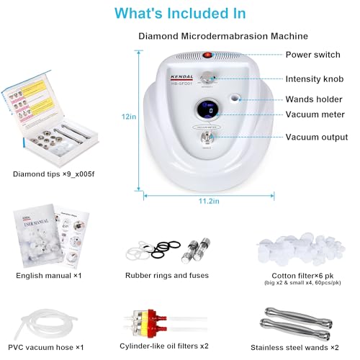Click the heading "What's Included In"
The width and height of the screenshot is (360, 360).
click(180, 14)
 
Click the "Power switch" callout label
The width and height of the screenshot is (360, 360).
click(312, 55)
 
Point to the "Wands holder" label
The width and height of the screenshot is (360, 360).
click(315, 99)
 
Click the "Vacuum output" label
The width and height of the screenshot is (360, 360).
click(316, 137)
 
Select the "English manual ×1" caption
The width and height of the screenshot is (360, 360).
click(46, 275)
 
